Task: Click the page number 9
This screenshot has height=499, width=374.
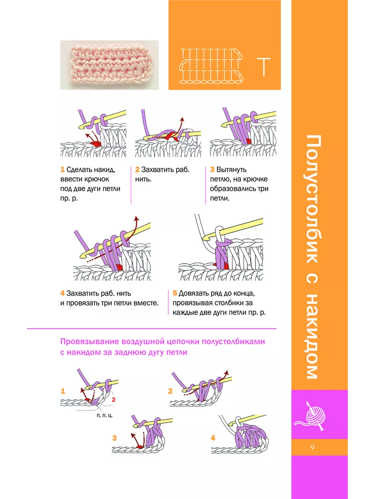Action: (312, 447)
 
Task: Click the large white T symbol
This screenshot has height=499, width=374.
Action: (263, 67)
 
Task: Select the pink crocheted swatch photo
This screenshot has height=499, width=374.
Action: (109, 65)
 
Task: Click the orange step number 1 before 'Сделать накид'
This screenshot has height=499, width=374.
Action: (62, 169)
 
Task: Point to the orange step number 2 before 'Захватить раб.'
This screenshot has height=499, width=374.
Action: (137, 169)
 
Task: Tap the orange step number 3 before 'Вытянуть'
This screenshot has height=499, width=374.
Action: (212, 169)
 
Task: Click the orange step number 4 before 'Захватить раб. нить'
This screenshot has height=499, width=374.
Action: (62, 293)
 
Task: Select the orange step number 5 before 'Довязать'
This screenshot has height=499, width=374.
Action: (175, 293)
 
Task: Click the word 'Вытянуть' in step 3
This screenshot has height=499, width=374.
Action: (231, 170)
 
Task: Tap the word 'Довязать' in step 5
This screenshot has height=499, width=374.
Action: (194, 294)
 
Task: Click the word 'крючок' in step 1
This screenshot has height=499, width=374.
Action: (96, 179)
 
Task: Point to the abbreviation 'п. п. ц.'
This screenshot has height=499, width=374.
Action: (104, 415)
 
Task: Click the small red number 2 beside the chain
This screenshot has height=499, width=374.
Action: (114, 400)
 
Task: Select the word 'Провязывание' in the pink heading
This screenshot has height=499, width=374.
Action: (90, 342)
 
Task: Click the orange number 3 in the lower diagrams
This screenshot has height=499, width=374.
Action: (114, 438)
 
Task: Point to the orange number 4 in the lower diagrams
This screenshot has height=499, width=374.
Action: (213, 438)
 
